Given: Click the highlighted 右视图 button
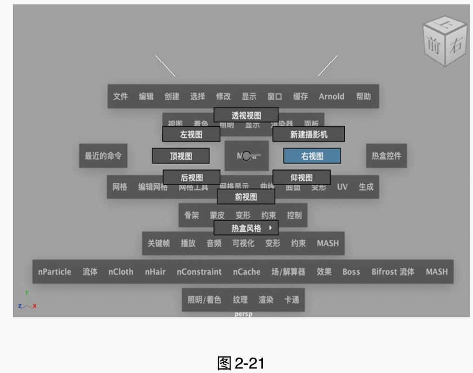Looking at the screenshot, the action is [x=312, y=156].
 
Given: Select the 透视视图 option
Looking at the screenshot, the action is [x=246, y=116].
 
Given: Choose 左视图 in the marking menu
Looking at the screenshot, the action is [x=191, y=135].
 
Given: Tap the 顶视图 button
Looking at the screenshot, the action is [x=181, y=156].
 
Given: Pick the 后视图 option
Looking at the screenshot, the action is [x=191, y=177].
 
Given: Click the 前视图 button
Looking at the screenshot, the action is [x=246, y=197].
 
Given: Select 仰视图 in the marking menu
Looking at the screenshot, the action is [x=302, y=177].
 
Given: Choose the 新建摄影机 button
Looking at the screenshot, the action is [x=309, y=135].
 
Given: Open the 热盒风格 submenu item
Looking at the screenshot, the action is [x=246, y=228].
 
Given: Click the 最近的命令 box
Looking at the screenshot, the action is [x=103, y=156].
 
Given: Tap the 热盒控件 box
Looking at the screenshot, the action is [x=386, y=156].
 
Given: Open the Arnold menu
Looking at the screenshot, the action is [x=331, y=96].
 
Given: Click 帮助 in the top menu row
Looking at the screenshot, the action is [x=363, y=96].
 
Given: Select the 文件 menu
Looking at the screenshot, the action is [x=120, y=96].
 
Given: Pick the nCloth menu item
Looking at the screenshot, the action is [x=121, y=272].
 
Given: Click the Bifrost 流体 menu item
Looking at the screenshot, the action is [x=393, y=272].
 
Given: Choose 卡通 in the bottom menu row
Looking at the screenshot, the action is [x=292, y=300].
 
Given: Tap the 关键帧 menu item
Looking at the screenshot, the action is [x=158, y=243].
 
